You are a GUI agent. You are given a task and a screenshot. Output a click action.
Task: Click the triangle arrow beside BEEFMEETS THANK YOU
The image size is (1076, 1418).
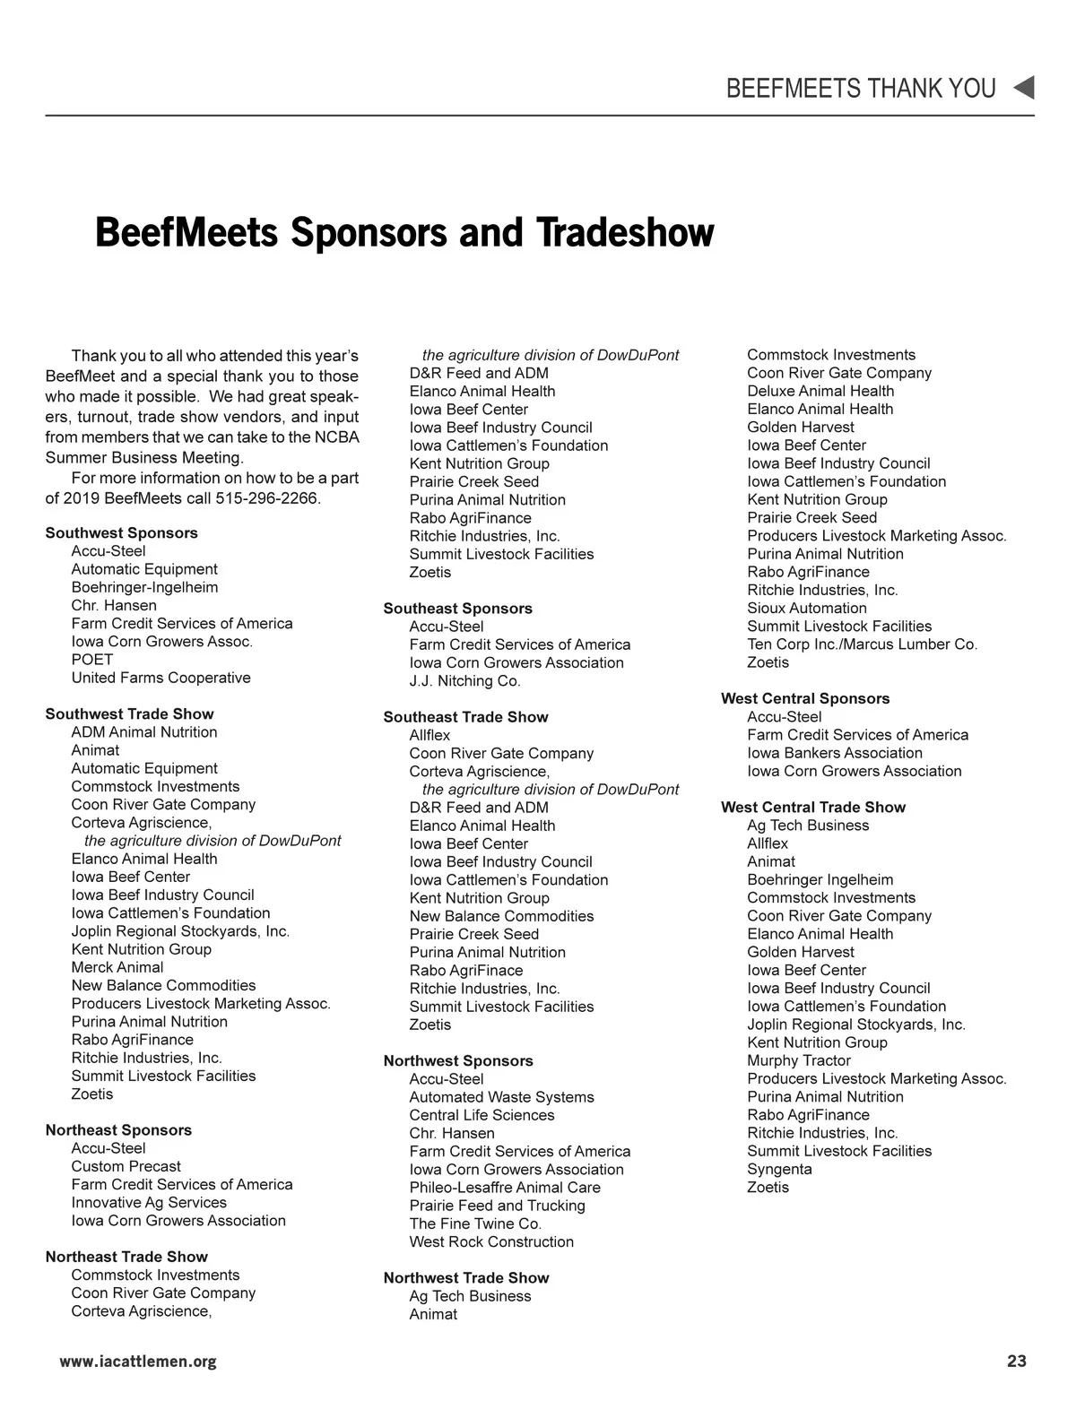[x=1023, y=88]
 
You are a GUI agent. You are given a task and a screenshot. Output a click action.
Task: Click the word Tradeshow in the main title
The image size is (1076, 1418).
[x=625, y=232]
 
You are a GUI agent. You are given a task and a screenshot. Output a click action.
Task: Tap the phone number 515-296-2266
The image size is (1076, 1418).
[x=267, y=497]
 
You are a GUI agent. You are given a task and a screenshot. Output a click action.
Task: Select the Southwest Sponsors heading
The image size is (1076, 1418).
[x=121, y=532]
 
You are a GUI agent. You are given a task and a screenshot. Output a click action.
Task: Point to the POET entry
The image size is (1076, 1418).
[x=92, y=659]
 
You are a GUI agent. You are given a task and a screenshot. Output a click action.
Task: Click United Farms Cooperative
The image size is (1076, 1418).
[x=161, y=678]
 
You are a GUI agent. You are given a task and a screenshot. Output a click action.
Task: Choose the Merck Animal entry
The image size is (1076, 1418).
[x=117, y=967]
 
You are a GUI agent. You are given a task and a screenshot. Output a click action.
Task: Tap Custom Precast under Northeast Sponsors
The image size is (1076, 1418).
[x=126, y=1166]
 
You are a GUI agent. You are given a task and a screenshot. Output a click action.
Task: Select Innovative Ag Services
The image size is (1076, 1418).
[x=149, y=1202]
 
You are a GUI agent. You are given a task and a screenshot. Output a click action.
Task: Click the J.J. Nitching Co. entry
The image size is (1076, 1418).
[x=464, y=680]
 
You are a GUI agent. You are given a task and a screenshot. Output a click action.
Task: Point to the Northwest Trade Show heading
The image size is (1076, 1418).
[x=465, y=1277]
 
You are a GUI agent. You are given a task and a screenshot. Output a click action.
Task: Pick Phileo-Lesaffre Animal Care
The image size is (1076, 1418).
[x=505, y=1188]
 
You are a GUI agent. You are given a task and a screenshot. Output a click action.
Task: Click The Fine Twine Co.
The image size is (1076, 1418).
[x=475, y=1223]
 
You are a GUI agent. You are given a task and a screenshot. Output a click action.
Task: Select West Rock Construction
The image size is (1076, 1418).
[x=491, y=1241]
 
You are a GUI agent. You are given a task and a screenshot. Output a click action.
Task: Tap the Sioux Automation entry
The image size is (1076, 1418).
[x=807, y=608]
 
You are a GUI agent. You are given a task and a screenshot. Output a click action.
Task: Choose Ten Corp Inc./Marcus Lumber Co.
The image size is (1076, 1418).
[x=862, y=644]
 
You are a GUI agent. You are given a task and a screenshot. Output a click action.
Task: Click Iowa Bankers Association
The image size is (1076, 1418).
[x=834, y=753]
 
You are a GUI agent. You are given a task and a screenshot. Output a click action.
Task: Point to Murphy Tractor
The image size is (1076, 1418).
[x=799, y=1060]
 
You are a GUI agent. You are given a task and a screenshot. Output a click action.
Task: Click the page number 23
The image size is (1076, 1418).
[x=1016, y=1362]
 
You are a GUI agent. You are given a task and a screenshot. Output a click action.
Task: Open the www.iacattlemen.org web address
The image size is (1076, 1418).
[x=137, y=1362]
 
